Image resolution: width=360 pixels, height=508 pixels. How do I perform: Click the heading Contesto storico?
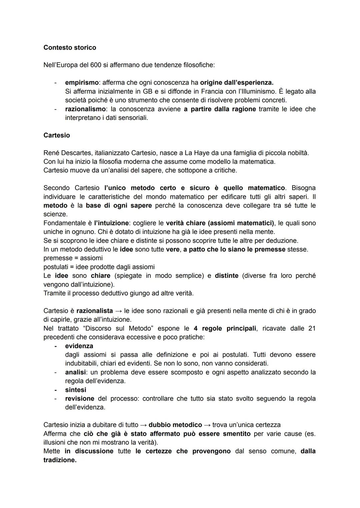point(70,48)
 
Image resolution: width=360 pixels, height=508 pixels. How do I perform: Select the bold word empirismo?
point(81,82)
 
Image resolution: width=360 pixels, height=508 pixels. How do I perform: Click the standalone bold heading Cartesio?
point(57,135)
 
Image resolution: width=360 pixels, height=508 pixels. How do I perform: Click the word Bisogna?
point(303,188)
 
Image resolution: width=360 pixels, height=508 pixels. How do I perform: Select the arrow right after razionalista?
point(118,311)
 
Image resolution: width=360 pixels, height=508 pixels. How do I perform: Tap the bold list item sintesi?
point(76,390)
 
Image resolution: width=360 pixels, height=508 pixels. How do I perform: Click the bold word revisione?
point(80,398)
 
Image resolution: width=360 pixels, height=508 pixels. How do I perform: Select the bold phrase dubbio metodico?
point(175,425)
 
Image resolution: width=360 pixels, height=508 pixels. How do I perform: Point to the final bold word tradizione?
point(60,460)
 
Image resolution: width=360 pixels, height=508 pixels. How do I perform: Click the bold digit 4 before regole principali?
point(196,328)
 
